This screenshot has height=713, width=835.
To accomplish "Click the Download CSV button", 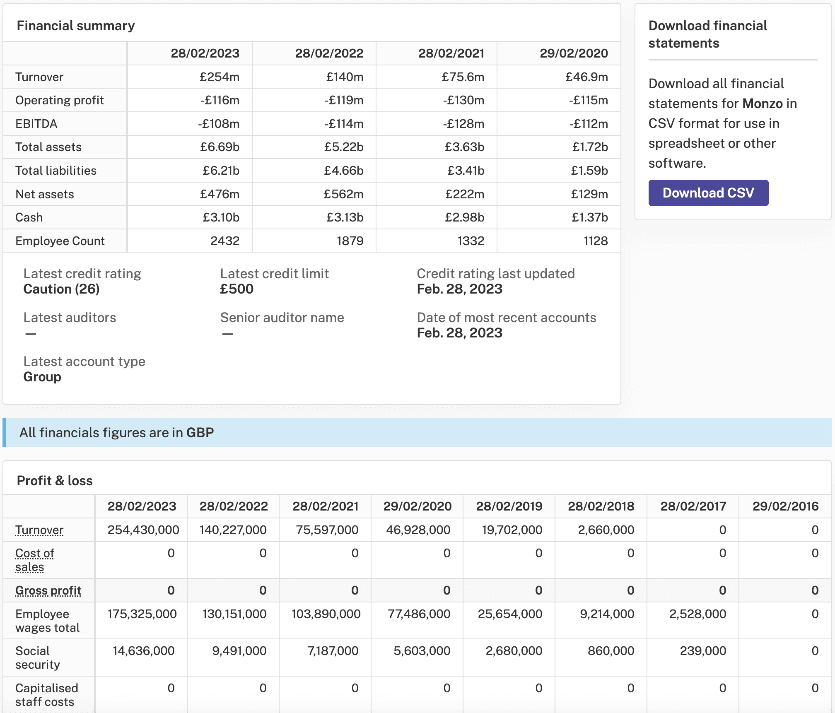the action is click(x=708, y=193).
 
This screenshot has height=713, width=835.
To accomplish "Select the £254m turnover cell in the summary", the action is click(x=220, y=77).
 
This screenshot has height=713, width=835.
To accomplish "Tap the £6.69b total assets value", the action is click(x=220, y=147).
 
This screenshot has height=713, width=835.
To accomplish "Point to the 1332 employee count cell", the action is click(x=471, y=241).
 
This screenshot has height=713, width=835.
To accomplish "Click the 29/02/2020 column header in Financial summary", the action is click(x=574, y=53).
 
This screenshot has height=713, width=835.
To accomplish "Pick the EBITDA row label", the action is click(x=36, y=124).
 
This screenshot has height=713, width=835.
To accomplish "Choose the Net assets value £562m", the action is click(x=343, y=194).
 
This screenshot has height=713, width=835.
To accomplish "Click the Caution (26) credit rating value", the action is click(x=61, y=289).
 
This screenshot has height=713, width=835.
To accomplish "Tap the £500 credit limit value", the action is click(x=237, y=289).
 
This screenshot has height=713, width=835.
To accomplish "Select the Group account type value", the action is click(x=42, y=377).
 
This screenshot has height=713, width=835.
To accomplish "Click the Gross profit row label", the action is click(x=48, y=590).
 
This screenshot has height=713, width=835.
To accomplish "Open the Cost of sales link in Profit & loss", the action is click(x=35, y=560).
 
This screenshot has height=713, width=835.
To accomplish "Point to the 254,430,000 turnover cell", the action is click(x=143, y=530).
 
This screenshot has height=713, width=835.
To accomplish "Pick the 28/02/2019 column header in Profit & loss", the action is click(x=509, y=506).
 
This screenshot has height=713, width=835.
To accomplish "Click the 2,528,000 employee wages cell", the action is click(x=697, y=614).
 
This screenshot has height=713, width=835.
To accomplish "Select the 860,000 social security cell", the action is click(x=611, y=651).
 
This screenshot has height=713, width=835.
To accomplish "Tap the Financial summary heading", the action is click(x=76, y=26).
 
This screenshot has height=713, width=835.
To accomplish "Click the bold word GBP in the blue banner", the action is click(x=200, y=433).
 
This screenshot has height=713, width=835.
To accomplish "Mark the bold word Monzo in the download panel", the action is click(x=763, y=104).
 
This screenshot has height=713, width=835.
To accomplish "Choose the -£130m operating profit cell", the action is click(x=463, y=100).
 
